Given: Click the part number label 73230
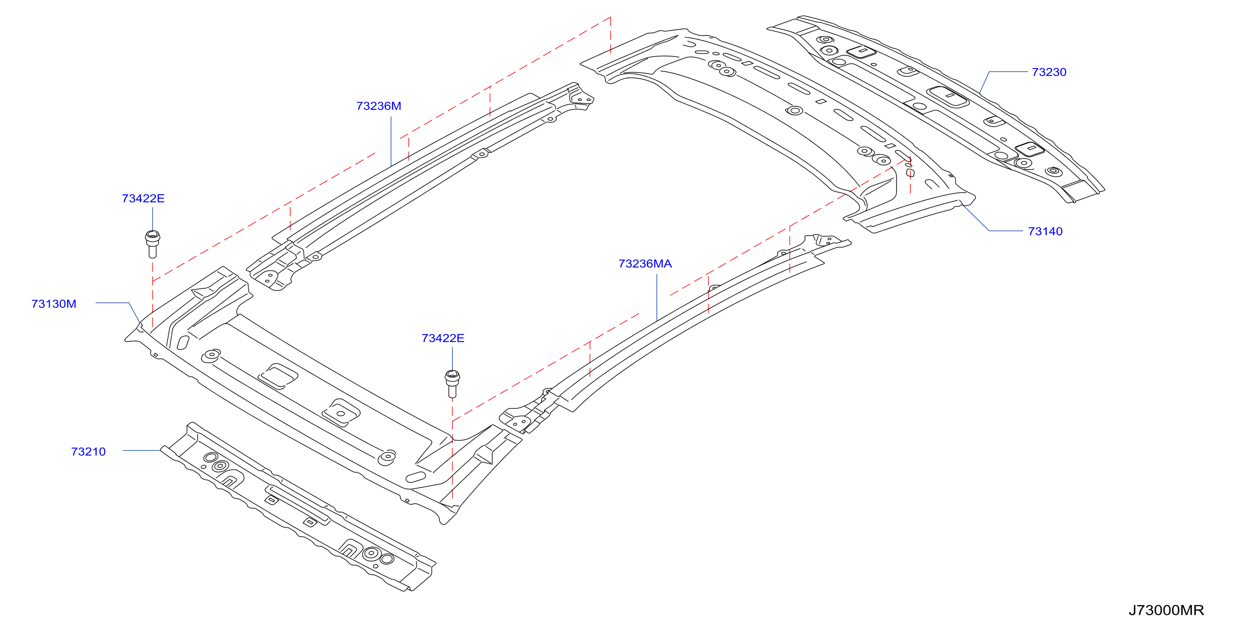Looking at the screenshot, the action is [1049, 72].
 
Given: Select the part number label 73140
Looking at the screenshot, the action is [1045, 231].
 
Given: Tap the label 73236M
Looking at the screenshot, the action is [379, 106].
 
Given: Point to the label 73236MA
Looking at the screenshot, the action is [645, 264].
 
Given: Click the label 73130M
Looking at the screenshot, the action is [54, 304].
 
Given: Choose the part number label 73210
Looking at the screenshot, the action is [88, 452].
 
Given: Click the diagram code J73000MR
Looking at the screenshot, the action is [1166, 610].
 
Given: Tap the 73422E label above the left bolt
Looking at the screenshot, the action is [143, 198].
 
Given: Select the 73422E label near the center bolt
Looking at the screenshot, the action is [443, 338].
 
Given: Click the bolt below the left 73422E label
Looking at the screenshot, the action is [153, 244].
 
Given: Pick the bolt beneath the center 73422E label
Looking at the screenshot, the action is [452, 384].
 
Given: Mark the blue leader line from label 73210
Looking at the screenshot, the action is [142, 451].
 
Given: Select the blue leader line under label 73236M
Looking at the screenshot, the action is [391, 142].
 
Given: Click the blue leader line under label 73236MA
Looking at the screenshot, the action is [657, 298].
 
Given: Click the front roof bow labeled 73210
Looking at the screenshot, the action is [297, 506].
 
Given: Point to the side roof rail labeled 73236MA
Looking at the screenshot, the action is [676, 333].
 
